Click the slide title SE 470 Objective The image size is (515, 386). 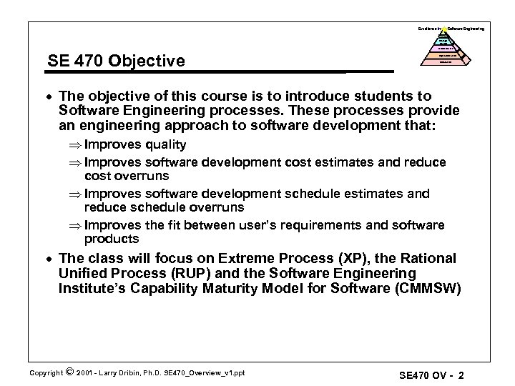click(114, 61)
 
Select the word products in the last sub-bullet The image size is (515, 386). click(112, 239)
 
